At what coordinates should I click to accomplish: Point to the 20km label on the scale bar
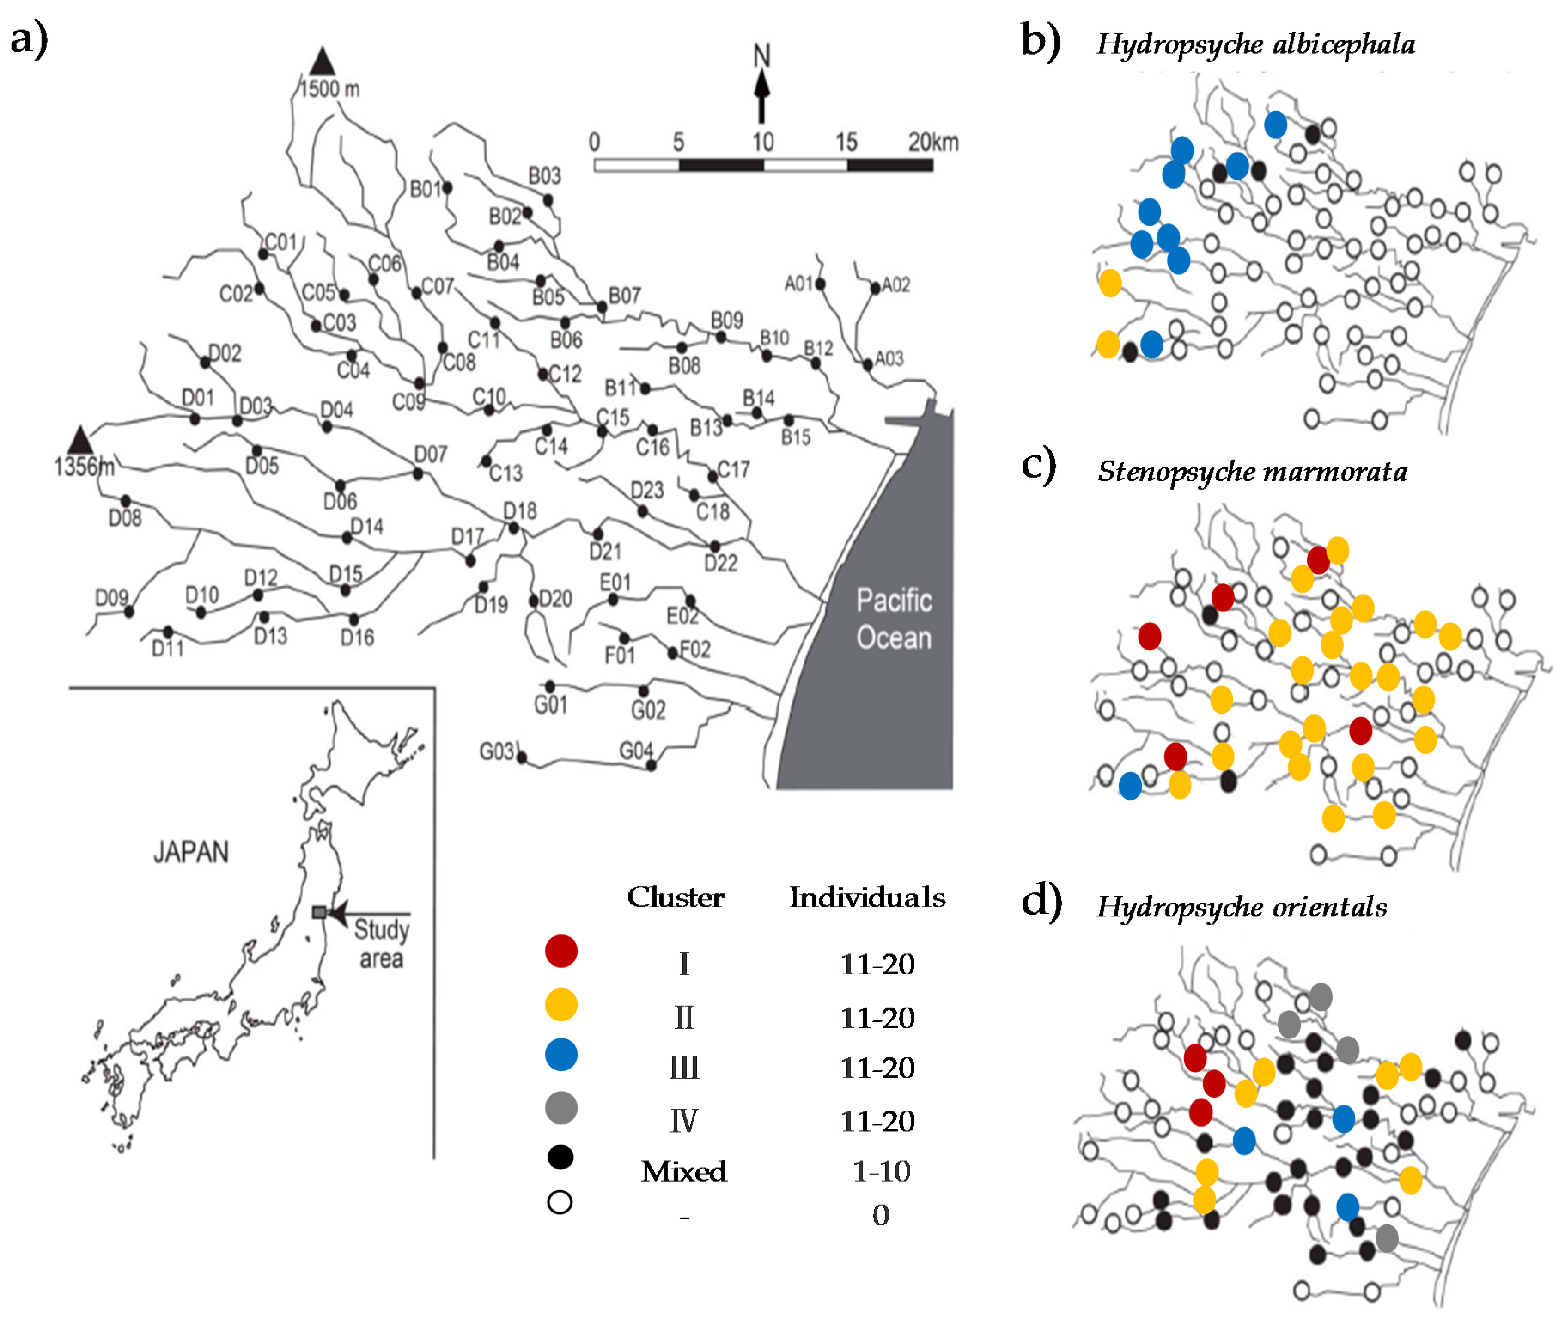coord(933,142)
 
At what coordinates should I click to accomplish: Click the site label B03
coord(545,176)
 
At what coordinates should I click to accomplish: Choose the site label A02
coord(896,285)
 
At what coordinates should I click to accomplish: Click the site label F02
coord(695,649)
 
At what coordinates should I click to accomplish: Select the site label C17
coord(734,470)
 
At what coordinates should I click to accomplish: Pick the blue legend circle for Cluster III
coord(561,1054)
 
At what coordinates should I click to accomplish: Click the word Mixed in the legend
coord(684,1171)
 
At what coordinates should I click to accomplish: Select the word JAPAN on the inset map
coord(191,852)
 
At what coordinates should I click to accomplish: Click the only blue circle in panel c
coord(1130,785)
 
